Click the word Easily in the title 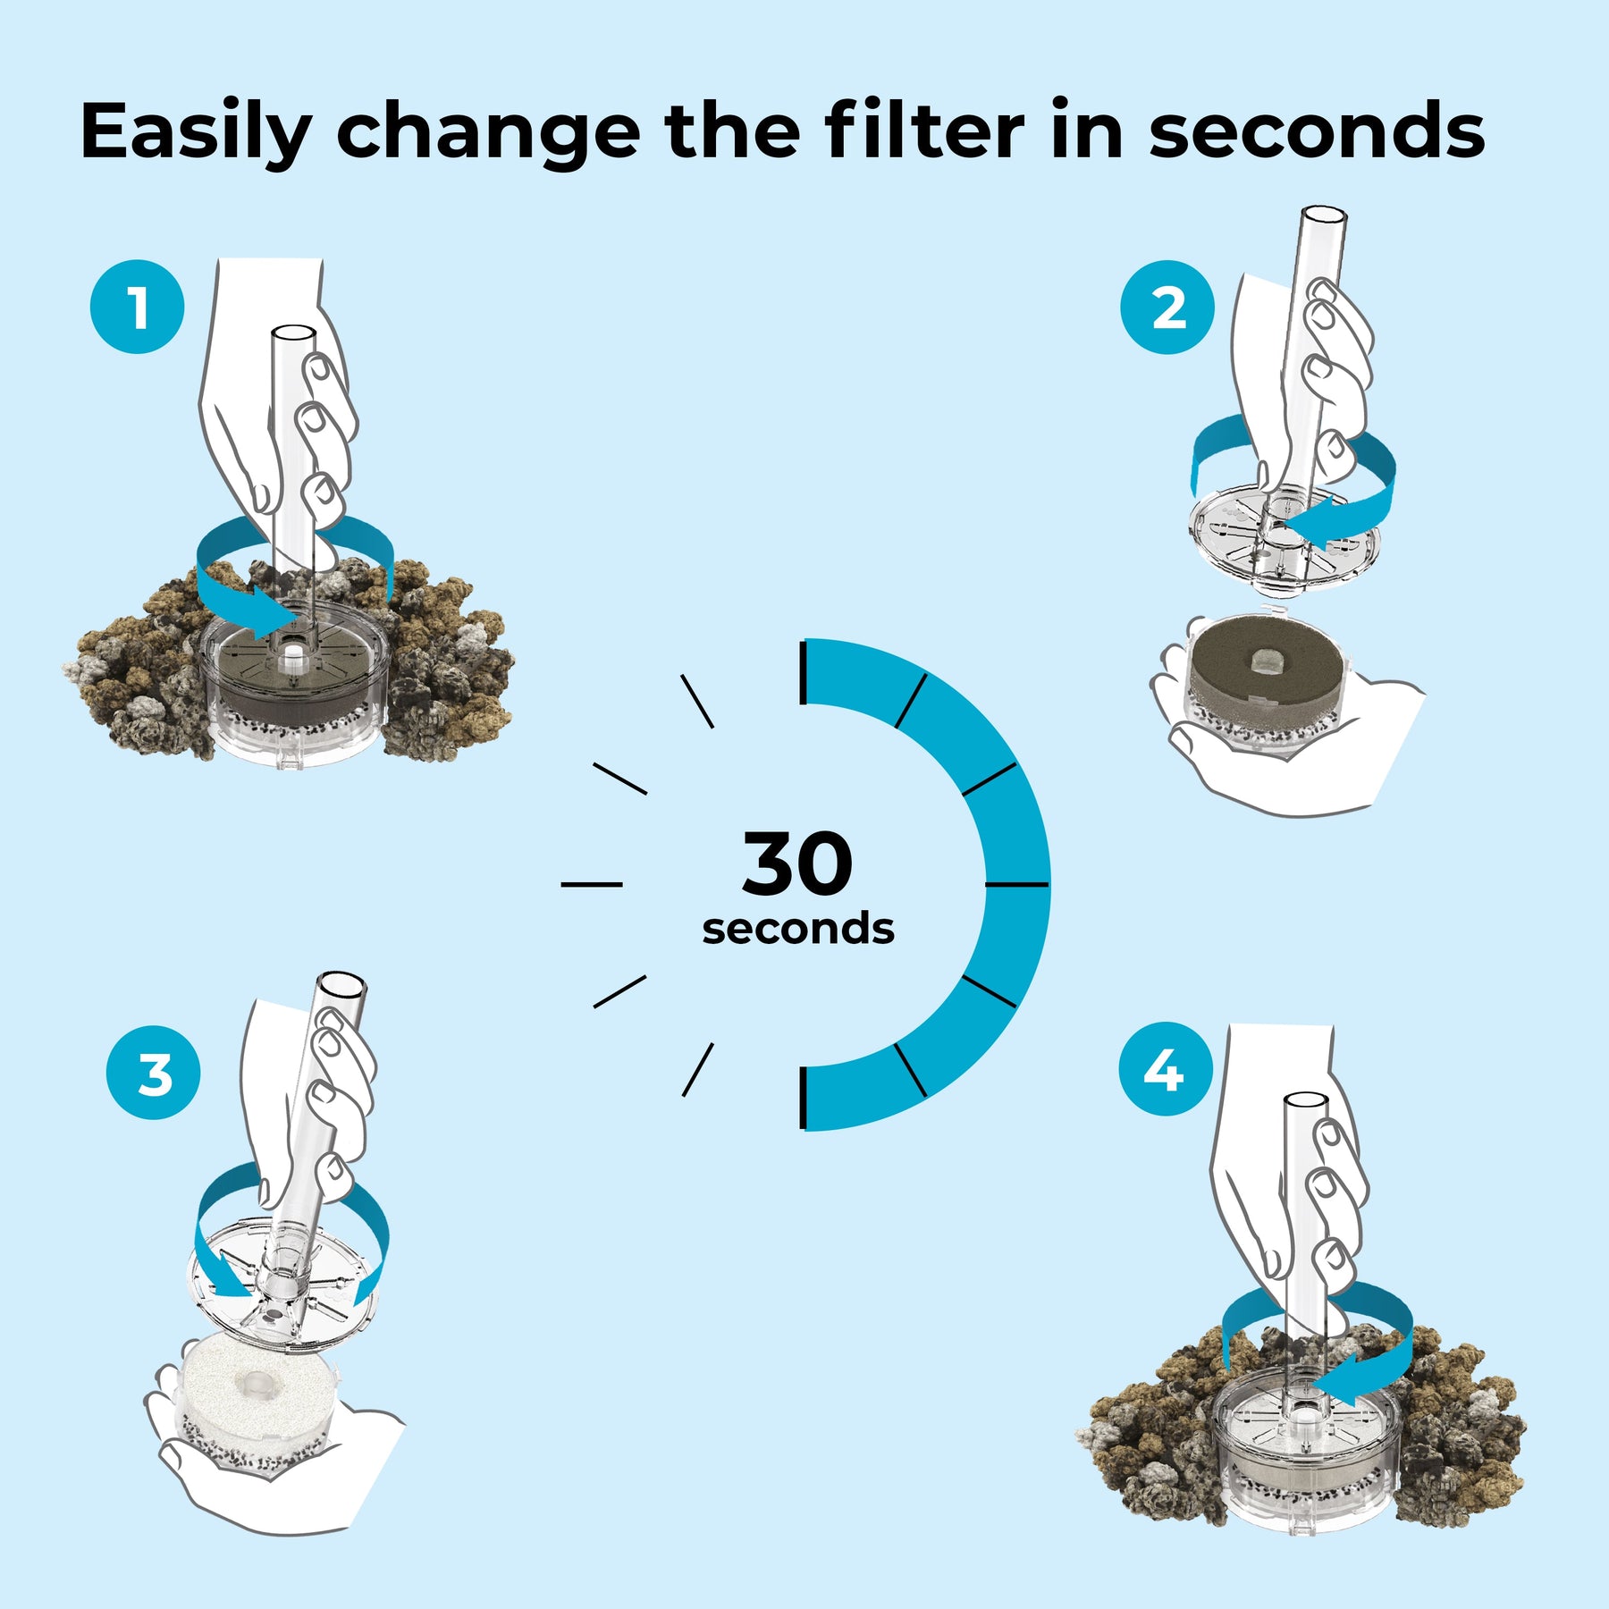click(x=196, y=132)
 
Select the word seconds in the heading click(x=1317, y=132)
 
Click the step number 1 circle click(x=138, y=307)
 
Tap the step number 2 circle click(x=1167, y=307)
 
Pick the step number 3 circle click(x=153, y=1072)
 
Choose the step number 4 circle click(x=1166, y=1069)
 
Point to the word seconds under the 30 click(x=798, y=929)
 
